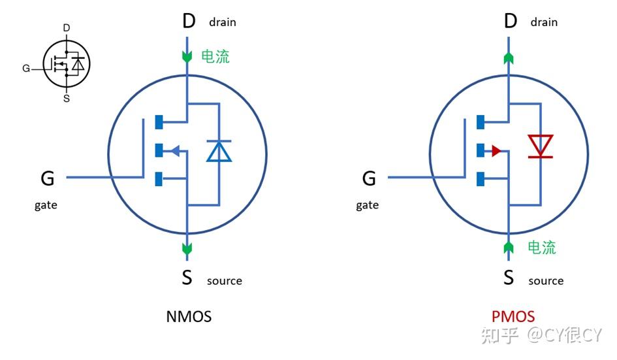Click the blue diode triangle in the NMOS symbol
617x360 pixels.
tap(219, 151)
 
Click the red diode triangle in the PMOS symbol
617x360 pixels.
tap(540, 145)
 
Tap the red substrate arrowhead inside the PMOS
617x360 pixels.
tap(496, 151)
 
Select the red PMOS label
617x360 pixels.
tap(513, 317)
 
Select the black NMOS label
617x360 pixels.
tap(189, 317)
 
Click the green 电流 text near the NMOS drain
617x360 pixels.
tap(215, 57)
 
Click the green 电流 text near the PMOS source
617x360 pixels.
tap(541, 248)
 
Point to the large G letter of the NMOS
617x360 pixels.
tap(48, 178)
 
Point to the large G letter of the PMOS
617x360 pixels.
tap(369, 178)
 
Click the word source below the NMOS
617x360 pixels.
tap(224, 281)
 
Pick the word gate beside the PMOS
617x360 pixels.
tap(367, 205)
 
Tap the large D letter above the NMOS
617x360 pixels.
tap(188, 22)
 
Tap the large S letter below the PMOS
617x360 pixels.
tap(509, 278)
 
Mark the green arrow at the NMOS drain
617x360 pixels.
tap(187, 57)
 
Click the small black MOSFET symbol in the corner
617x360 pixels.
tap(66, 64)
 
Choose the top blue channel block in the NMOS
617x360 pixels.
tap(159, 122)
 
